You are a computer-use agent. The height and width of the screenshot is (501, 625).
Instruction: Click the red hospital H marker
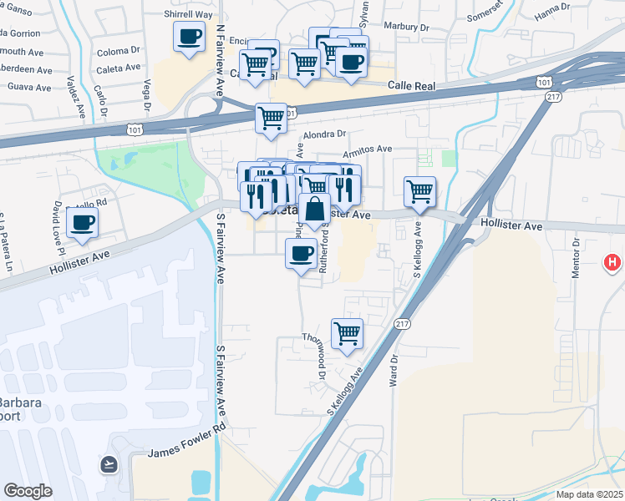coord(613,263)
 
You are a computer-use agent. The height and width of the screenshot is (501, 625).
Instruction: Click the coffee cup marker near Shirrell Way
coord(190,38)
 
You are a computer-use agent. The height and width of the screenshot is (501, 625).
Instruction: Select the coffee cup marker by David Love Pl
coord(82,224)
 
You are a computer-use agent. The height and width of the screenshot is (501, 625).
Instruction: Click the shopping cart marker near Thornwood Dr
coord(348,335)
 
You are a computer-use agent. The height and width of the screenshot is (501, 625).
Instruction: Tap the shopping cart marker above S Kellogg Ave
coord(419,193)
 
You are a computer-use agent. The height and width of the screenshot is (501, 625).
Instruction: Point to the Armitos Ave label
coord(371,149)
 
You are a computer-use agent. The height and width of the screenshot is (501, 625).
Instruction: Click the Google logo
coord(28,491)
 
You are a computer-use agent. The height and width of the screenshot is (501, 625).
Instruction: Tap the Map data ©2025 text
coord(587,493)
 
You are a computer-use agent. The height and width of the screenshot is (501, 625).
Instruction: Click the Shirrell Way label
coord(189,15)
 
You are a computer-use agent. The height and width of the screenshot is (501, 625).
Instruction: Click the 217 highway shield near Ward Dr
coord(403,324)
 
